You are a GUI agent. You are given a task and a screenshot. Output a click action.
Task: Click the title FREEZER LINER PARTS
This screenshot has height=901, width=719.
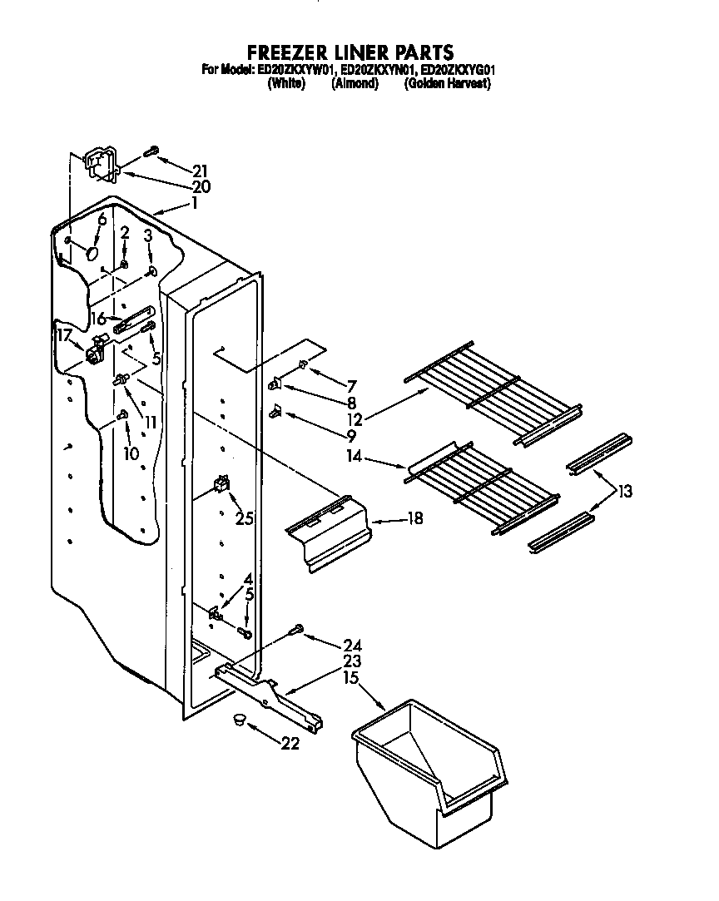[350, 53]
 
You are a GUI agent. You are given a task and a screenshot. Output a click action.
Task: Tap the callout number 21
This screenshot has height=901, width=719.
[198, 171]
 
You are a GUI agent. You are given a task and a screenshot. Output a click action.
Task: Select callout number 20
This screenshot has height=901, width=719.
[201, 186]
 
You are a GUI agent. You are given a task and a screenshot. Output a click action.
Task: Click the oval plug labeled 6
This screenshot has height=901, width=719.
[94, 250]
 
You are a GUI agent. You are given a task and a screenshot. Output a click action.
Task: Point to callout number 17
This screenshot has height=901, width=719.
[64, 336]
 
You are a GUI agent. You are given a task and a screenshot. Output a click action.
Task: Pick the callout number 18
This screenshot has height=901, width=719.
[414, 518]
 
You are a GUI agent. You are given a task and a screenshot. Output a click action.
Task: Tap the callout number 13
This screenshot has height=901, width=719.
[625, 492]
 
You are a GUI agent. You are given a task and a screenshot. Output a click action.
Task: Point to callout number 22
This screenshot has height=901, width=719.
[289, 744]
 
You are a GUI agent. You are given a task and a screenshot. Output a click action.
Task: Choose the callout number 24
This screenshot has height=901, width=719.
[352, 645]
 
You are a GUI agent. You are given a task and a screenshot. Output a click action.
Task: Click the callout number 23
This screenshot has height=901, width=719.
[352, 662]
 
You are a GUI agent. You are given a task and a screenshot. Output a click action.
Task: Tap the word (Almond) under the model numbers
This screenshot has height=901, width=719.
[355, 84]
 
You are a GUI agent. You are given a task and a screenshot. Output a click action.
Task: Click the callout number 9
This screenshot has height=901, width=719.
[351, 434]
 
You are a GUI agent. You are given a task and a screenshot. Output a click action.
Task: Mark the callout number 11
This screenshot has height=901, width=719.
[150, 422]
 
